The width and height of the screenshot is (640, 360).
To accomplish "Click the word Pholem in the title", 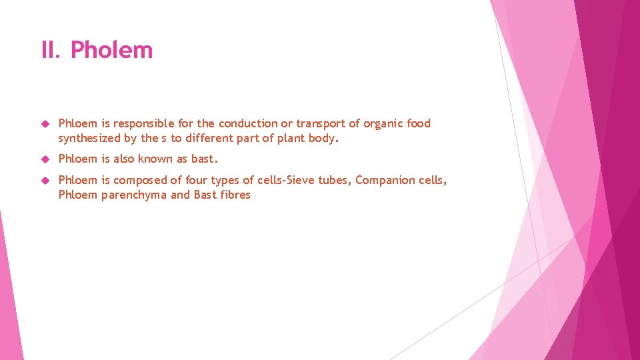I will click(x=111, y=50).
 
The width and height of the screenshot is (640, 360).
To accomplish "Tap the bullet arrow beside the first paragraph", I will click(x=45, y=124).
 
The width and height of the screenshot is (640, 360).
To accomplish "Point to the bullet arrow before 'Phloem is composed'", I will click(x=45, y=181).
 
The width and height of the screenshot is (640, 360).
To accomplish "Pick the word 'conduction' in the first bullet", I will click(x=248, y=123).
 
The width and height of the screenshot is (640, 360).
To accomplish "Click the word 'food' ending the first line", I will click(x=419, y=123).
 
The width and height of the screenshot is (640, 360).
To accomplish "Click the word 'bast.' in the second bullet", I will click(x=205, y=159).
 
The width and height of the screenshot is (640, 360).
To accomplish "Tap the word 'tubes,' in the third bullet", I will click(x=335, y=181).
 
